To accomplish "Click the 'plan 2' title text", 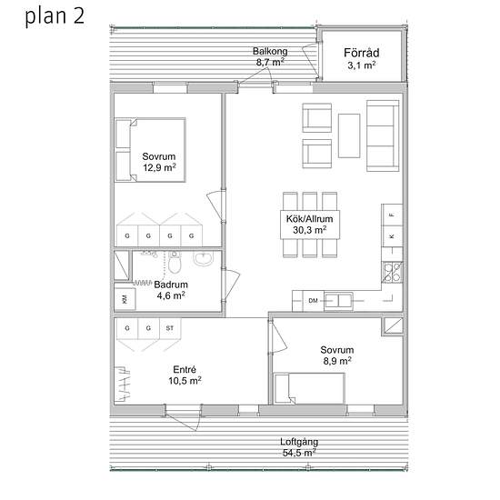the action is pos(55,17).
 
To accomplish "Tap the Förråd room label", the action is pos(361,53).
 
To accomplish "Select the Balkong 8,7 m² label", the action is pos(270,56).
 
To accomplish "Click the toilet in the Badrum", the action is pos(175,262).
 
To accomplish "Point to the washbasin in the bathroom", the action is pos(203,258).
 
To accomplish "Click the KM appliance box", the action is pos(125,299).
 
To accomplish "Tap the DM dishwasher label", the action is pos(313,300).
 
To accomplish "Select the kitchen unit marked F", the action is pos(392,215).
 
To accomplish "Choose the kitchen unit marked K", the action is pos(392,236).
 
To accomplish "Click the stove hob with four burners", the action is pos(392,272).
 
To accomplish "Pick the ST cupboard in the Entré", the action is pos(170,328).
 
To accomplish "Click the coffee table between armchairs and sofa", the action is pos(349,135).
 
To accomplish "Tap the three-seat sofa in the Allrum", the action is pos(383,135).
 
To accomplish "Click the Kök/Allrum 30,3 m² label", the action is pos(310,225).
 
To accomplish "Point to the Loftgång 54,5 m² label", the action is pos(299,447).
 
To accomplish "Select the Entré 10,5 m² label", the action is pos(185,375).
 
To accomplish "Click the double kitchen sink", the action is pos(338,301).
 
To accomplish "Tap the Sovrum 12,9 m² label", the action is pos(159,162).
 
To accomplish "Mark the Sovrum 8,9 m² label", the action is pos(337,355).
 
